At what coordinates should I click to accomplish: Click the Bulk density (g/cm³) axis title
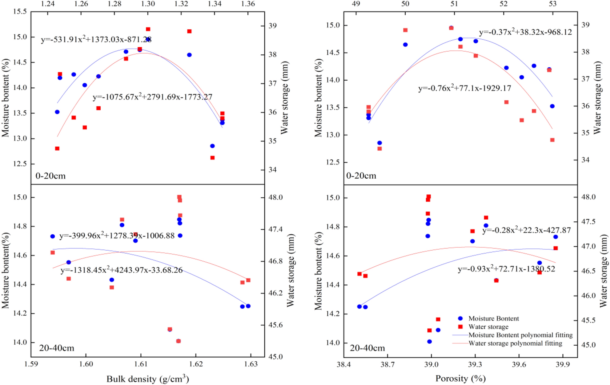point(147,379)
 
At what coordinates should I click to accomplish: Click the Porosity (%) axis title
point(460,379)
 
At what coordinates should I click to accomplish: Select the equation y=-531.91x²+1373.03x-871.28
point(96,40)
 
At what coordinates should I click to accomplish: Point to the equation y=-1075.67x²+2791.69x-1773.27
point(152,97)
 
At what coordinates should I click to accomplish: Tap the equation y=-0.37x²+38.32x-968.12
point(525,32)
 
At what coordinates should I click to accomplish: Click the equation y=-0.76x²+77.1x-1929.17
point(464,89)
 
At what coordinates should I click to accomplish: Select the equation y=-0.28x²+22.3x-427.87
point(526,230)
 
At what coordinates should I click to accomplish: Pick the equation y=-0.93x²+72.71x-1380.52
point(506,269)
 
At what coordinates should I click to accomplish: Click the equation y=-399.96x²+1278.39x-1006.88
point(117,236)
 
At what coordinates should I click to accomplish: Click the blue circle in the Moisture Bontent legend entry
point(460,319)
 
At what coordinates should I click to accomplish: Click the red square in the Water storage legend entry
point(460,327)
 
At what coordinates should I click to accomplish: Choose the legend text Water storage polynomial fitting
point(515,343)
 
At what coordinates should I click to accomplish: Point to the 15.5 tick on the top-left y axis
point(20,12)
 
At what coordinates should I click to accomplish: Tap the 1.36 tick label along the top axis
point(248,4)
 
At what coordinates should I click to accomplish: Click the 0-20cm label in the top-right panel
point(361,176)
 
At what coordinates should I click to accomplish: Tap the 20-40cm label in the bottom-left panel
point(57,348)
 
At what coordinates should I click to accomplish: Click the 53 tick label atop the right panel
point(552,4)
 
